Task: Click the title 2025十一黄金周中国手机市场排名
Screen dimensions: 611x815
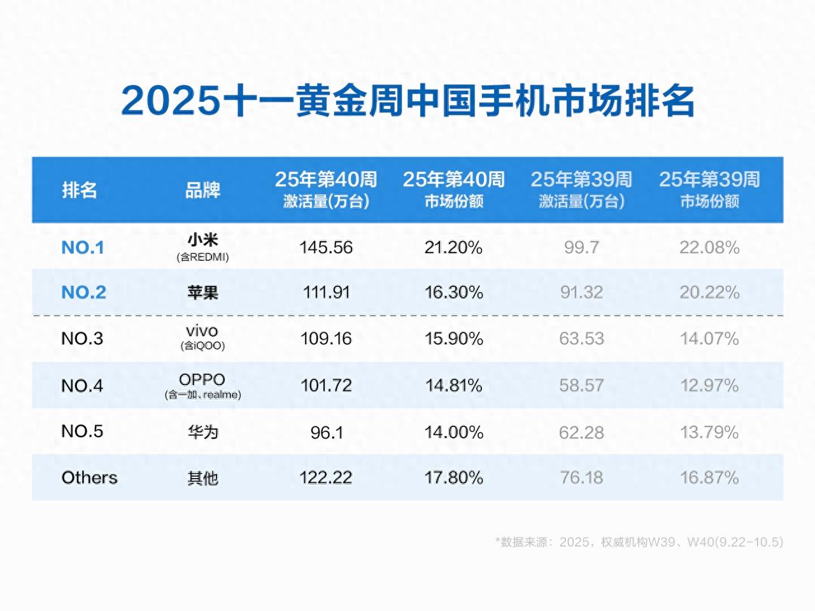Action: click(407, 101)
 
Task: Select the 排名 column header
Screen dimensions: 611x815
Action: click(80, 190)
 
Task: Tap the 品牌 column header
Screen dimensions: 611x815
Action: click(202, 190)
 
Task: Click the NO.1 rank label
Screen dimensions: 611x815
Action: click(83, 248)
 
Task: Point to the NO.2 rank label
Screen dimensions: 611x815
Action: click(83, 292)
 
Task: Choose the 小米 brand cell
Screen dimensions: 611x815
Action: click(202, 240)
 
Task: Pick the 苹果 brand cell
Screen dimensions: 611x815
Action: click(202, 292)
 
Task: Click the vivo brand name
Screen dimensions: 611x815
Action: click(202, 331)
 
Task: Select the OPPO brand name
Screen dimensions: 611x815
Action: click(202, 379)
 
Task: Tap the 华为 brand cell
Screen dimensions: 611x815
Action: click(202, 432)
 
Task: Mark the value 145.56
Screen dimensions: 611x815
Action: click(326, 248)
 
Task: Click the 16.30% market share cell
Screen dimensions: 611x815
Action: click(453, 292)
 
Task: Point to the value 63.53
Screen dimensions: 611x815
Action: click(581, 339)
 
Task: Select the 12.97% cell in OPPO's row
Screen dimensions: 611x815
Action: click(709, 385)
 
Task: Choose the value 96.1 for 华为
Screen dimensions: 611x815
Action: click(327, 433)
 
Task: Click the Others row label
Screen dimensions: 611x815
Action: click(89, 477)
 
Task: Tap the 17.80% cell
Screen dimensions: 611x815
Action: click(453, 477)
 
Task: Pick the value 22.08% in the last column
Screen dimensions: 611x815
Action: click(709, 248)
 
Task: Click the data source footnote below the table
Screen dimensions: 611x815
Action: click(639, 542)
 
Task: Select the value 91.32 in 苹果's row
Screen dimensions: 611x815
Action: click(581, 292)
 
